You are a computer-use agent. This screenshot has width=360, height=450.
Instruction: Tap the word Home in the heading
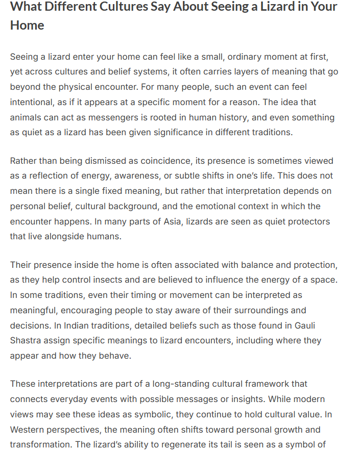pyautogui.click(x=27, y=26)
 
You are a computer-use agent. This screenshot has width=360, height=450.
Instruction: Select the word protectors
pyautogui.click(x=309, y=222)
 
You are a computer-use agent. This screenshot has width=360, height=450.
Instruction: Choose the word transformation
pyautogui.click(x=40, y=444)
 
